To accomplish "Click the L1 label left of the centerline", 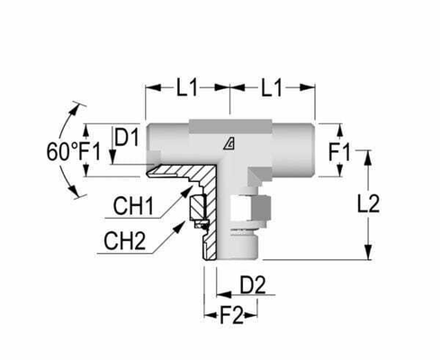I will pos(187,88).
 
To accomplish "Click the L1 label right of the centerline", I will pos(273,88).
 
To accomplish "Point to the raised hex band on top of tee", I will pos(229,121).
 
